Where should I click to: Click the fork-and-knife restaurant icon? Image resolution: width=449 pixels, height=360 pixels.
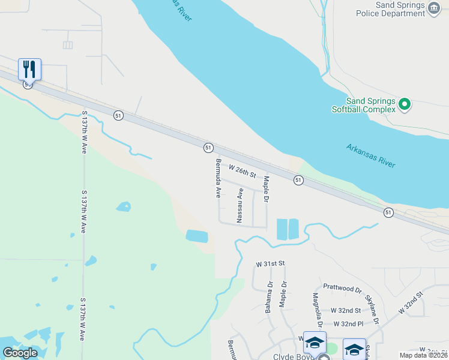click(29, 68)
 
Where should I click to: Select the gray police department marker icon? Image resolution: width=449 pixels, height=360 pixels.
click(434, 8)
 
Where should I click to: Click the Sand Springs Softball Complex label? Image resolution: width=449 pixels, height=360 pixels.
click(364, 105)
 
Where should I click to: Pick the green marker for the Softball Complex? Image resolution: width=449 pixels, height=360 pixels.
click(405, 105)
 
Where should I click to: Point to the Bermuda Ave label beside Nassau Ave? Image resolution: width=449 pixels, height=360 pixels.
click(218, 178)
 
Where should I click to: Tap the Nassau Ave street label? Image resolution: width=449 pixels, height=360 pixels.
click(240, 206)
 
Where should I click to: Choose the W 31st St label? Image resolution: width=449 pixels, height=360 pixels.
click(270, 263)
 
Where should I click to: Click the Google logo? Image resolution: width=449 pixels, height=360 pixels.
click(20, 353)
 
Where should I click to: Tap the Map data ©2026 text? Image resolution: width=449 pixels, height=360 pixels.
click(424, 355)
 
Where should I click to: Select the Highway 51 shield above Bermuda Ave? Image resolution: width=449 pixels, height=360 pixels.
click(208, 147)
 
